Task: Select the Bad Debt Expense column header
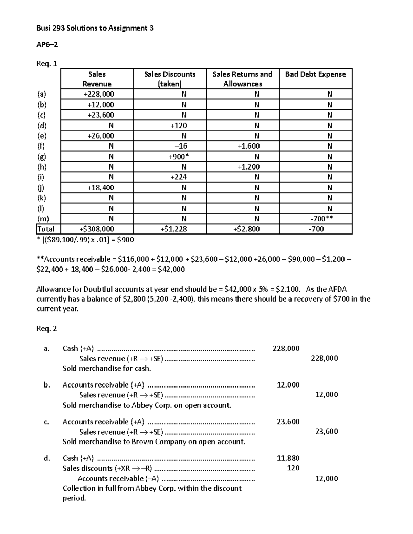[315, 74]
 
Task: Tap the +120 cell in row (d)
[179, 126]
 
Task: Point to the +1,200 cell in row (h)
[248, 167]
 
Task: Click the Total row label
[46, 229]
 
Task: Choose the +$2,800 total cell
[246, 229]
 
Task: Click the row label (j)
[41, 188]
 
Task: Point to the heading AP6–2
[47, 45]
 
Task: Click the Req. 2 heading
[46, 329]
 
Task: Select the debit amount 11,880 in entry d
[288, 458]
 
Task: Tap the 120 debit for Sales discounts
[293, 468]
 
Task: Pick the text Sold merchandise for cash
[107, 368]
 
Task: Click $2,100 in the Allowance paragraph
[288, 289]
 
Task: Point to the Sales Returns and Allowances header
[243, 79]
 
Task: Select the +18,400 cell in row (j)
[100, 188]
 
